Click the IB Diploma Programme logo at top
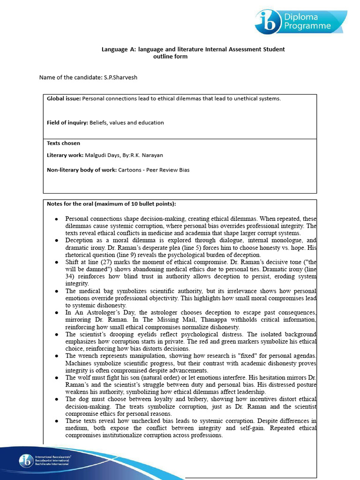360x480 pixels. (300, 22)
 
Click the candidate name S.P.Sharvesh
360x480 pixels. (120, 77)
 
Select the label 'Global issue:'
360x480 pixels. (64, 98)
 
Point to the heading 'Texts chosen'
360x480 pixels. (63, 143)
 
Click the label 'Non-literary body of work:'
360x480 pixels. (82, 170)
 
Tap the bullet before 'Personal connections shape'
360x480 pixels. (56, 219)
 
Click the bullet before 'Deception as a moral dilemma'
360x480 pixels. (56, 240)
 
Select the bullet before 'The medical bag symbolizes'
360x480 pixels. (56, 291)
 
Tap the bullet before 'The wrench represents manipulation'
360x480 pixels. (56, 356)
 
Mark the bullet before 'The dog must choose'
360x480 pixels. (56, 399)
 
